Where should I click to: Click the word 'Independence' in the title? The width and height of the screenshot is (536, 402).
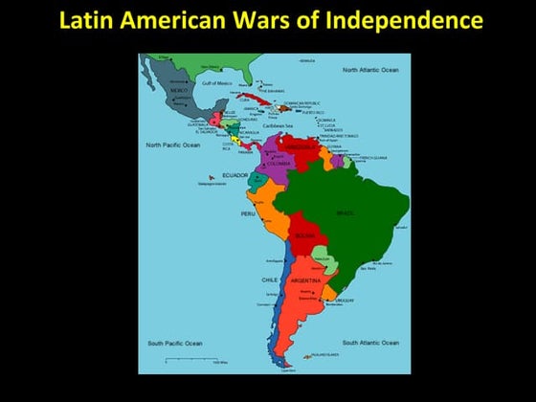417,19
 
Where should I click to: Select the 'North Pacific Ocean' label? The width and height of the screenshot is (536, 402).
172,145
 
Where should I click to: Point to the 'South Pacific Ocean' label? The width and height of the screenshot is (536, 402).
174,343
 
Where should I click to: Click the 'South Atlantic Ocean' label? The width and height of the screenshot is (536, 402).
370,343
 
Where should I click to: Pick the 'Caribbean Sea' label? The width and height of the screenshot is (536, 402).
278,125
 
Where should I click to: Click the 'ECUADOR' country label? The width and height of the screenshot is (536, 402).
234,175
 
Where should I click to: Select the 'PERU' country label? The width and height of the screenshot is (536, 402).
247,213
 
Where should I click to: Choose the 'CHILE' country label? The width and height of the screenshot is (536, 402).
269,279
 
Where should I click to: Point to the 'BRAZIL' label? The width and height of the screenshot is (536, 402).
345,212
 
